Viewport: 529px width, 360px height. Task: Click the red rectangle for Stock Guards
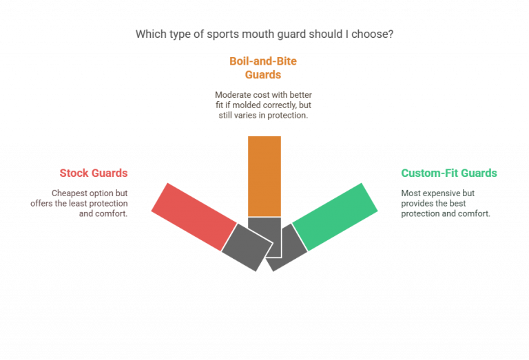tap(194, 217)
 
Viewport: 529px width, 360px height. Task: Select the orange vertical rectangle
tap(264, 176)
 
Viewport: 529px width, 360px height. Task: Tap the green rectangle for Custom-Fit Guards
tap(335, 217)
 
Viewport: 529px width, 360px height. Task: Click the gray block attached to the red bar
tap(247, 247)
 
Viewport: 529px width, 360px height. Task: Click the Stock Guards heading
tap(94, 173)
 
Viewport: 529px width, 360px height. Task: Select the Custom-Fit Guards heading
tap(449, 173)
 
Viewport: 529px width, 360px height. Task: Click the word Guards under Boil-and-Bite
tap(263, 74)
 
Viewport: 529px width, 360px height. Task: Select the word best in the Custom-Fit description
tap(457, 203)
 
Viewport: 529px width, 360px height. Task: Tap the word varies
tap(242, 115)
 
